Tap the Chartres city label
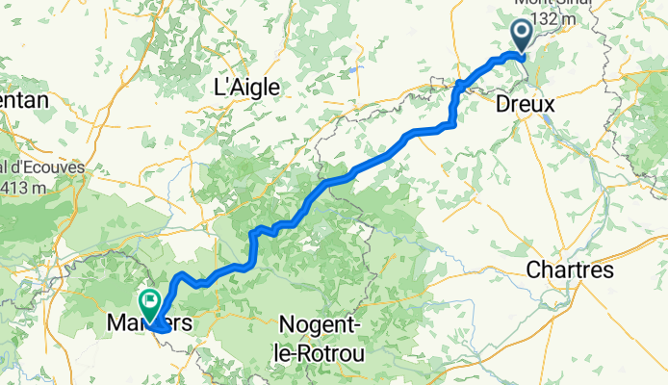570,271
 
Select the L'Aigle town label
246,87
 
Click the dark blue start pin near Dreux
521,36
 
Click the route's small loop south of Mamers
162,328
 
